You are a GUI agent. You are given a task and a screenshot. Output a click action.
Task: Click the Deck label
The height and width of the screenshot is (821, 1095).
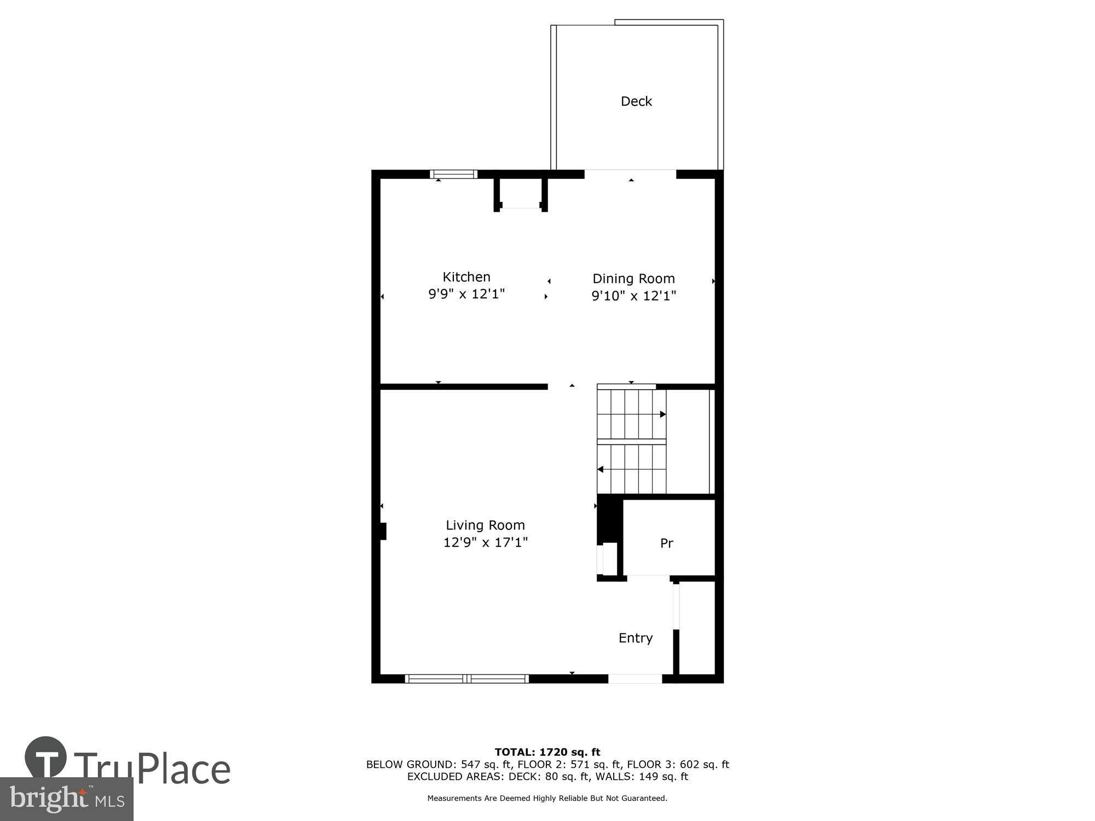click(x=636, y=101)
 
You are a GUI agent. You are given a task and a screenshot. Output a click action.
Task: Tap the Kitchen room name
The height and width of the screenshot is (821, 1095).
click(x=466, y=277)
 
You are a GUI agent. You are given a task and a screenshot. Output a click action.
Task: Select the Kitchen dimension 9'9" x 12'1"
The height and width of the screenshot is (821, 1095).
click(x=466, y=294)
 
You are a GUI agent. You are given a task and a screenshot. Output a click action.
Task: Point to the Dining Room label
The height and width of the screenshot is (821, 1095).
click(x=633, y=279)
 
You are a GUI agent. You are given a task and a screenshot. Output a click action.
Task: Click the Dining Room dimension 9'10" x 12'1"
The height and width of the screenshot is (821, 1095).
click(x=633, y=296)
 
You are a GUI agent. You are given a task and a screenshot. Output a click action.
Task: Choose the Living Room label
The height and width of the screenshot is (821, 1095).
click(x=485, y=525)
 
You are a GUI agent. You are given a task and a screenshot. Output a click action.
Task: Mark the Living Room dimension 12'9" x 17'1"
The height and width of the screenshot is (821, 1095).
click(x=485, y=542)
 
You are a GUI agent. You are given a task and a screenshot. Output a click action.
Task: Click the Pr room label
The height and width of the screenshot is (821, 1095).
click(x=666, y=544)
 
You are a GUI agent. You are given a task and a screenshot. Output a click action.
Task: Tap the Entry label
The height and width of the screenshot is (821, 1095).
click(x=636, y=638)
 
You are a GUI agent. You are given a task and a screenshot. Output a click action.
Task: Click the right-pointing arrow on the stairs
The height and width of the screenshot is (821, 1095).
click(x=662, y=414)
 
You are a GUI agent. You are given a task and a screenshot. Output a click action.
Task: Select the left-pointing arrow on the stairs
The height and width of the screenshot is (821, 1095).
click(x=601, y=469)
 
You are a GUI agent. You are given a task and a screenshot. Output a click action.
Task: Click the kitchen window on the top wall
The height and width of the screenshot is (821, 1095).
click(x=453, y=175)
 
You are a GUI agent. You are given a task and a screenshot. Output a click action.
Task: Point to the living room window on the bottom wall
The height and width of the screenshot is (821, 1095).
click(x=466, y=679)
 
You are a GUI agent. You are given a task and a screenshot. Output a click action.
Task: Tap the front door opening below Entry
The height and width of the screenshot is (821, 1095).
click(x=635, y=679)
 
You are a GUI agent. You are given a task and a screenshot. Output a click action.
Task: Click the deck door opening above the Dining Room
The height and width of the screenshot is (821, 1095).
click(x=630, y=175)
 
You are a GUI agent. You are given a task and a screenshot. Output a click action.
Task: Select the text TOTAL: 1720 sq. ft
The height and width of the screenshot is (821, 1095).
click(x=547, y=752)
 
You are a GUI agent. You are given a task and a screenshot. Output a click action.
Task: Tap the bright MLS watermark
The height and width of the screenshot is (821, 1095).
click(x=67, y=799)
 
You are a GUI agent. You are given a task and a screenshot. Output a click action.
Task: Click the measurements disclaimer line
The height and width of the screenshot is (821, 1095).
click(x=547, y=799)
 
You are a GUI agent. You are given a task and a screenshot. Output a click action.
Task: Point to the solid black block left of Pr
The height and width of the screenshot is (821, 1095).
click(x=609, y=518)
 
